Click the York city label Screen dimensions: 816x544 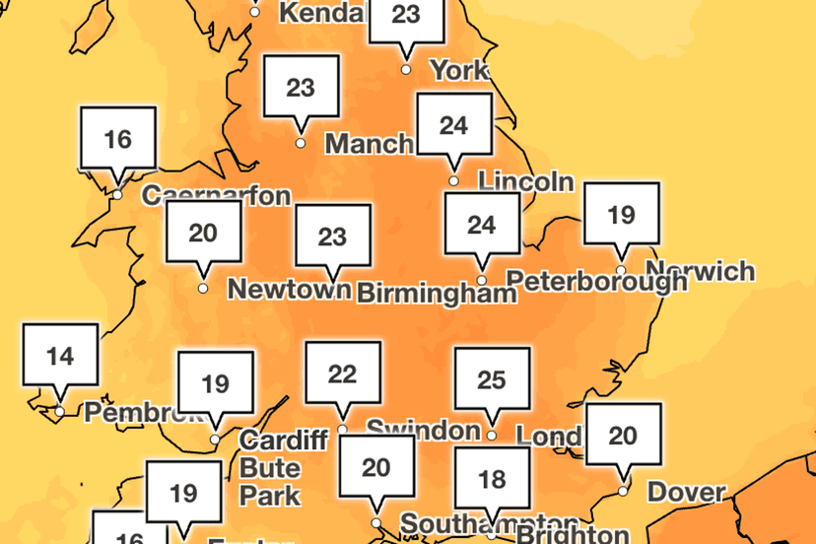459,70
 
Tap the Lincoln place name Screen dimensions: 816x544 524,181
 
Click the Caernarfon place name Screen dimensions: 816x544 217,195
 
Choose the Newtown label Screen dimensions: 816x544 289,289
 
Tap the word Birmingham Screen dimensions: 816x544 436,293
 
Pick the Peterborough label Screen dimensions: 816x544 602,281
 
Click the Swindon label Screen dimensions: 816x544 423,430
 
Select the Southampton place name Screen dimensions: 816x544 464,522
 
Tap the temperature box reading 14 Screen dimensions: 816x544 61,356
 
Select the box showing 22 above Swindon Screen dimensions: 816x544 342,374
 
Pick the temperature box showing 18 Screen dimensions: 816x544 491,480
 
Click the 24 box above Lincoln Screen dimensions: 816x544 453,125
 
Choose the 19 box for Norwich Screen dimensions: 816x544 621,214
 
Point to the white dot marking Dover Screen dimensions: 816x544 623,490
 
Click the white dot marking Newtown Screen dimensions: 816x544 203,289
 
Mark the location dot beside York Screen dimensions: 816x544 406,69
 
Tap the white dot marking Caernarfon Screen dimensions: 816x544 117,195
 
